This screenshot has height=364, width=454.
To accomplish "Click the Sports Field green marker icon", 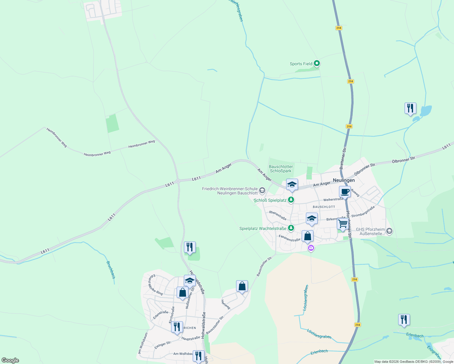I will tap(317, 63).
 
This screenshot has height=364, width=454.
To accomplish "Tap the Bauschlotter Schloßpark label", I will tap(281, 169).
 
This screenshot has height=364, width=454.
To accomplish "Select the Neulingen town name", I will tap(344, 180).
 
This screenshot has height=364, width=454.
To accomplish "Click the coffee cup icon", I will tap(345, 192).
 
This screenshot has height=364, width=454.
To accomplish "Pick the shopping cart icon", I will tap(343, 224).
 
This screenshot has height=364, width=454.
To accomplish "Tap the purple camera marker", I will tap(311, 248).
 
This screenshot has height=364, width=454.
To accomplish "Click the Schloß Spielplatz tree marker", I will tap(291, 200).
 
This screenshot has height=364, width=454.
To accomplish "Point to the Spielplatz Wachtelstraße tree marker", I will tap(291, 228).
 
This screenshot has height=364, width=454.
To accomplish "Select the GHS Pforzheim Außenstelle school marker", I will tap(389, 231).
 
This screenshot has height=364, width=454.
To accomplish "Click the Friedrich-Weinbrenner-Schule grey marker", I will tap(262, 190).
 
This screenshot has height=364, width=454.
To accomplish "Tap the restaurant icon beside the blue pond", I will tap(410, 108).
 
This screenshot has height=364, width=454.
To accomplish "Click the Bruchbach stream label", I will tap(111, 270).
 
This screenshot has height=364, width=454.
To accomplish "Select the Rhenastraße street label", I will tap(278, 215).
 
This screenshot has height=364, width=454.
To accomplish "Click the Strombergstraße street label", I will tap(363, 211).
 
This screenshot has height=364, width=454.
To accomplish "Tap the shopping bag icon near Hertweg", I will tap(242, 286).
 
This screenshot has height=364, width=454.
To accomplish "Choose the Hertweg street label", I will tap(226, 304).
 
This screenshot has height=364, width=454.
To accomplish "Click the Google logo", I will tap(10, 360).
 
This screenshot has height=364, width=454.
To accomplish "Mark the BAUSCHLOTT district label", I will tap(324, 207).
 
